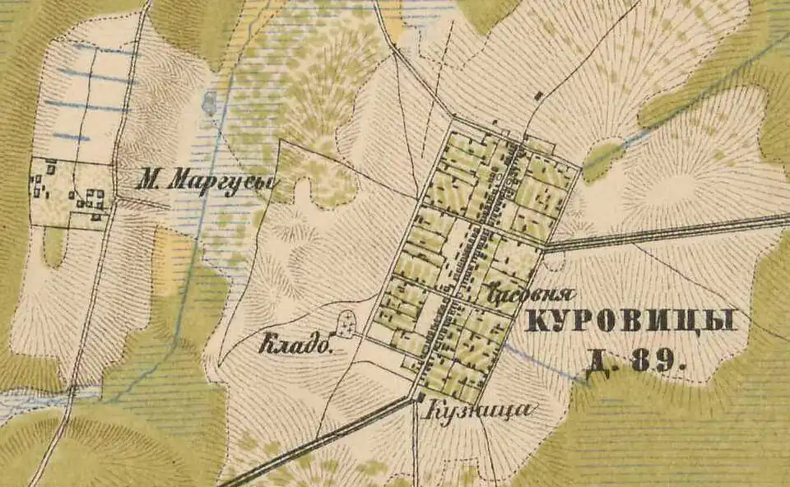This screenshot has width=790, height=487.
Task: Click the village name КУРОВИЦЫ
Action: (630, 321)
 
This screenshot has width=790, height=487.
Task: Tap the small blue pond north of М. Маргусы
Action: (209, 103)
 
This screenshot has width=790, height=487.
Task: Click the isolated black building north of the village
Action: (537, 96)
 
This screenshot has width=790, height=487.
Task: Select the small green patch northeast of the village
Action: (603, 158)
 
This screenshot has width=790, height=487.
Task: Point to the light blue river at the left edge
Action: (33, 403)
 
